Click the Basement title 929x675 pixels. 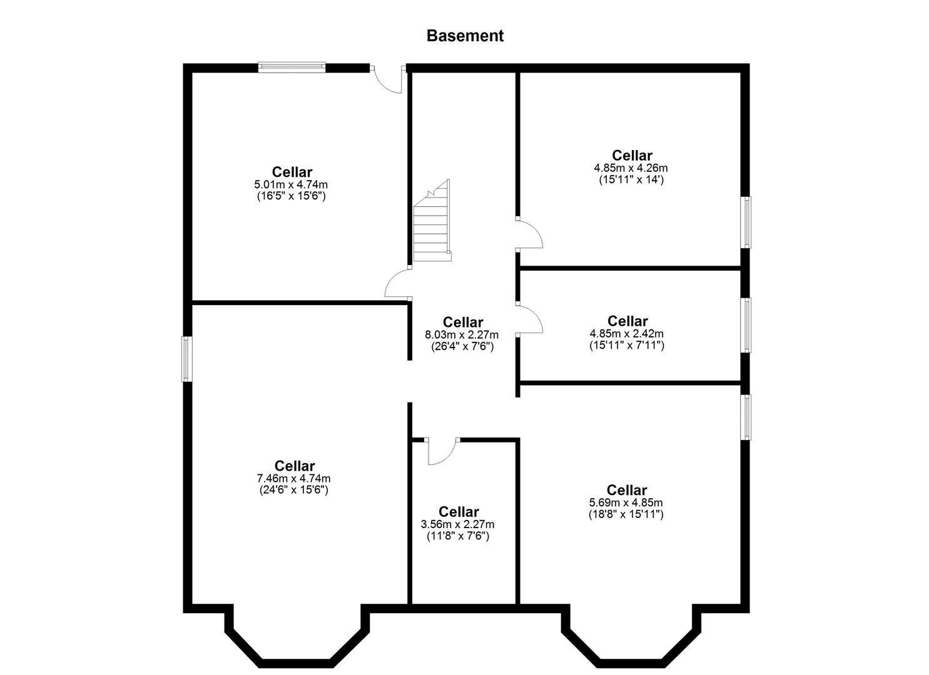pyautogui.click(x=464, y=36)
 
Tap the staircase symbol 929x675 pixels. pyautogui.click(x=432, y=224)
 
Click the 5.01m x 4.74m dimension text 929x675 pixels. pyautogui.click(x=291, y=184)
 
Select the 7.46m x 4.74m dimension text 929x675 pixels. pyautogui.click(x=293, y=478)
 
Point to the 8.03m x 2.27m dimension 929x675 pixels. pyautogui.click(x=462, y=334)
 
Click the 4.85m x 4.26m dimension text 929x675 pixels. pyautogui.click(x=631, y=167)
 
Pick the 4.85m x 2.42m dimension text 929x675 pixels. pyautogui.click(x=627, y=333)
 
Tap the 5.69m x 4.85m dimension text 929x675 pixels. pyautogui.click(x=626, y=502)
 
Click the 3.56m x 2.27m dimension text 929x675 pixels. pyautogui.click(x=458, y=524)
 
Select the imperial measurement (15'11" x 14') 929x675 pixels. pyautogui.click(x=631, y=179)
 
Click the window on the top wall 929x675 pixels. pyautogui.click(x=292, y=67)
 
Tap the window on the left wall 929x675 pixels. pyautogui.click(x=186, y=359)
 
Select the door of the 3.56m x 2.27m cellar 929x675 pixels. pyautogui.click(x=442, y=451)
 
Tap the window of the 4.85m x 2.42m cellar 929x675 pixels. pyautogui.click(x=746, y=325)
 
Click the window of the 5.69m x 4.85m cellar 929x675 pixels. pyautogui.click(x=746, y=417)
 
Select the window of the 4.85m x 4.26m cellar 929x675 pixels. pyautogui.click(x=746, y=222)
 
